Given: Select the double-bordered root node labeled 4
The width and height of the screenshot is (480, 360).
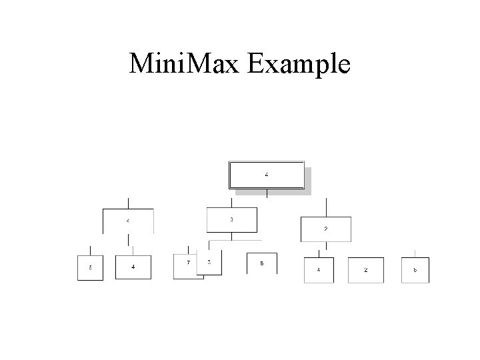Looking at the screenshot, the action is [x=267, y=175].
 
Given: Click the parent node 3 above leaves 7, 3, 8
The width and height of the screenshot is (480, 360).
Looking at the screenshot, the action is [x=232, y=221].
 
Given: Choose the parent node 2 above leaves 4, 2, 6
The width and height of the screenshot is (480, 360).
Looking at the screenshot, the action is [x=325, y=229].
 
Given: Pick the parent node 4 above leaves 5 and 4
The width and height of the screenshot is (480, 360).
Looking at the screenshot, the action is [x=128, y=221].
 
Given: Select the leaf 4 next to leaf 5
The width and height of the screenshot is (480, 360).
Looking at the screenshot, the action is [x=133, y=267].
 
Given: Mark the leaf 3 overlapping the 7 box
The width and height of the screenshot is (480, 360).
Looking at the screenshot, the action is [x=209, y=264].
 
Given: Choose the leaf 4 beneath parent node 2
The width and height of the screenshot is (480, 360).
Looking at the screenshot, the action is [x=318, y=270].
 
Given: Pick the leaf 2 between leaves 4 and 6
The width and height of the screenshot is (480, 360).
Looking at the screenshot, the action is [x=365, y=270].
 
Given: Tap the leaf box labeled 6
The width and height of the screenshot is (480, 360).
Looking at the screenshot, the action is [x=415, y=270].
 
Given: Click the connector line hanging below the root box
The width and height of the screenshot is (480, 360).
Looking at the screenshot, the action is [x=267, y=193].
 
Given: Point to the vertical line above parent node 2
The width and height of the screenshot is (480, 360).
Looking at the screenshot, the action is [x=326, y=207].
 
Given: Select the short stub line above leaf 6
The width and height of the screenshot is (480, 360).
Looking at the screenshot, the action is [x=415, y=253].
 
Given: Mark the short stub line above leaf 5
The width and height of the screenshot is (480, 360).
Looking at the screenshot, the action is [x=91, y=251].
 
